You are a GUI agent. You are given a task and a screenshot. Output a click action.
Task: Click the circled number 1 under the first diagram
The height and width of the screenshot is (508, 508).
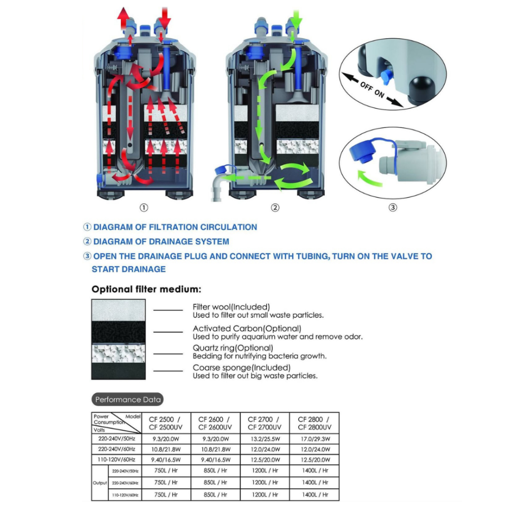pos(144,207)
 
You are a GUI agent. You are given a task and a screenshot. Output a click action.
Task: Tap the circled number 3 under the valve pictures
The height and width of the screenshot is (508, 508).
pos(393,207)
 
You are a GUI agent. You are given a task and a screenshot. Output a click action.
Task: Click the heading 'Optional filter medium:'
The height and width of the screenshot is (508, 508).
pos(146,290)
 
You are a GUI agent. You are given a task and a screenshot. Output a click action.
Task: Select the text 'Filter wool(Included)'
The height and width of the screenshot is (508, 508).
pos(231,307)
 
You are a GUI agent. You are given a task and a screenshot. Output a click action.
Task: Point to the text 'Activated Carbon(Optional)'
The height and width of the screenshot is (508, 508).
pos(247,329)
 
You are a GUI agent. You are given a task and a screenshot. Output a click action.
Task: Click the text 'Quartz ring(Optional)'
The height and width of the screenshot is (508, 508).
pos(233,348)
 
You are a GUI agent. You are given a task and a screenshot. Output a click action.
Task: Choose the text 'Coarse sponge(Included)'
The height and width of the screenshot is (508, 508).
pos(242,367)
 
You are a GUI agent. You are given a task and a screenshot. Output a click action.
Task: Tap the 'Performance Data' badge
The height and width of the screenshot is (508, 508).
pos(128,400)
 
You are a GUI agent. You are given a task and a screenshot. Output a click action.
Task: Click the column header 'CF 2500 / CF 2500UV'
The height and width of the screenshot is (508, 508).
pos(165,423)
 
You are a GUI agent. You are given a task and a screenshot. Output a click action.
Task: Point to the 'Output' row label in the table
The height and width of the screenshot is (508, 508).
pos(100,483)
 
